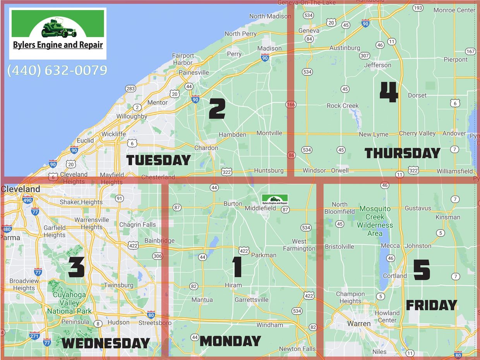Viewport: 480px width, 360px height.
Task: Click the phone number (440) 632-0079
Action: (x=57, y=70)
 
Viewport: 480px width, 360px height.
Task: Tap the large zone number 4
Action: (x=389, y=93)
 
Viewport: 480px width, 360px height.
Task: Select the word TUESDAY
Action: (x=159, y=160)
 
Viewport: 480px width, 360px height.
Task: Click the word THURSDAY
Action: (x=403, y=153)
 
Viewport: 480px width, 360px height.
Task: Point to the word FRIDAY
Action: (x=432, y=305)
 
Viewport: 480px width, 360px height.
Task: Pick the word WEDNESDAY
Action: (x=106, y=343)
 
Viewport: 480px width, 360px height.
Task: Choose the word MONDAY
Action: (x=230, y=341)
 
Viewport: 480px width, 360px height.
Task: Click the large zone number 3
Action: (x=76, y=267)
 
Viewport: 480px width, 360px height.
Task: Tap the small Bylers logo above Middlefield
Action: (x=275, y=199)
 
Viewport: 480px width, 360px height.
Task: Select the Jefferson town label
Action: (x=378, y=65)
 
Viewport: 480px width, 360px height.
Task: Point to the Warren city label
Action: (x=359, y=323)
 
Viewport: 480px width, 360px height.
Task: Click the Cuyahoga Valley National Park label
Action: (x=70, y=303)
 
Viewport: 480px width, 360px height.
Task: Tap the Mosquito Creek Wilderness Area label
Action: (x=375, y=221)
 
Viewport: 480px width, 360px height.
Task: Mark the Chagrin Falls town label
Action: (x=137, y=225)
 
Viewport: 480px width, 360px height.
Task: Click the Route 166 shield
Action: (x=291, y=105)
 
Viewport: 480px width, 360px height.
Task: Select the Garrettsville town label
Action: (x=252, y=300)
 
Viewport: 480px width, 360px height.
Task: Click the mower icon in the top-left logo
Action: (x=58, y=28)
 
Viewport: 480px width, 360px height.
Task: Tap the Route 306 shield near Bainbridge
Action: (x=158, y=256)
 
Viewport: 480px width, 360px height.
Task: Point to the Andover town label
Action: (x=454, y=133)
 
